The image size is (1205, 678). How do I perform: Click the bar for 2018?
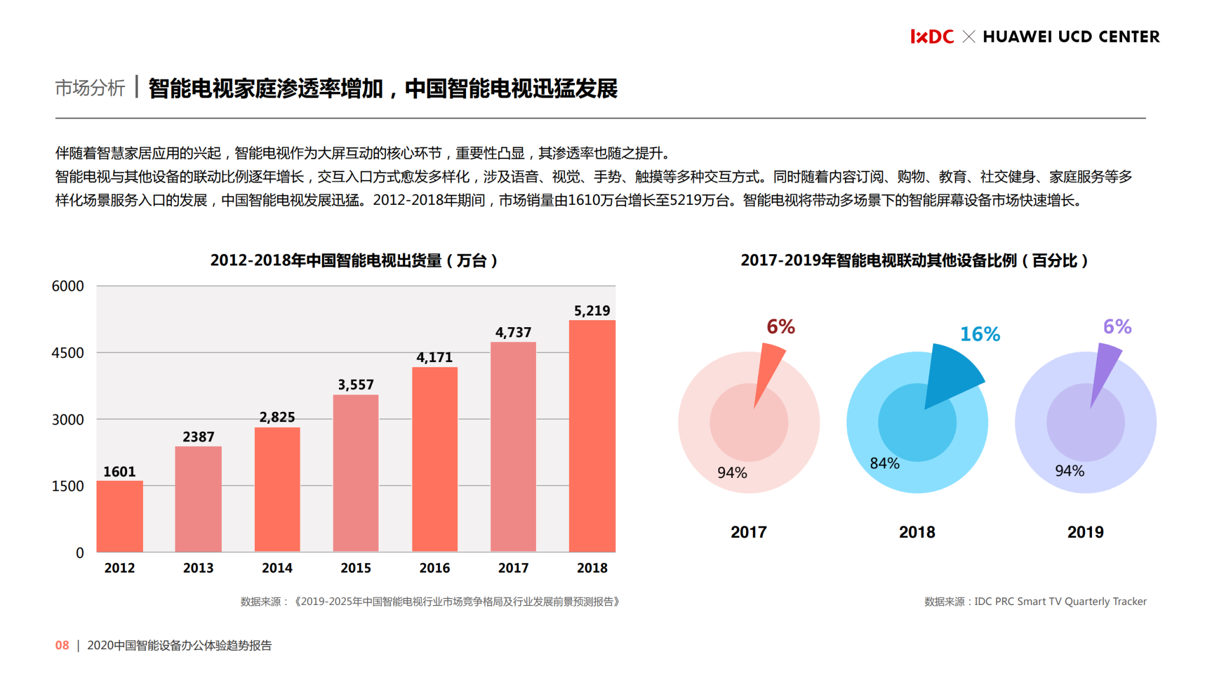pyautogui.click(x=592, y=436)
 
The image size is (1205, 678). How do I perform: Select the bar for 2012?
pyautogui.click(x=119, y=516)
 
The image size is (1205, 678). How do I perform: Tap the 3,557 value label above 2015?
pyautogui.click(x=355, y=385)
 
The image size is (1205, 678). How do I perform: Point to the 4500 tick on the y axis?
pyautogui.click(x=68, y=353)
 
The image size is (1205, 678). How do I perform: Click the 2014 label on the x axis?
pyautogui.click(x=277, y=568)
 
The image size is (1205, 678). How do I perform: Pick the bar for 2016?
pyautogui.click(x=434, y=459)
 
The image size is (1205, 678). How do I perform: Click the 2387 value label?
pyautogui.click(x=198, y=437)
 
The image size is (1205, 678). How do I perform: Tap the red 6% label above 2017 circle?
pyautogui.click(x=780, y=327)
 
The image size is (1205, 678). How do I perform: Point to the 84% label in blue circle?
pyautogui.click(x=884, y=464)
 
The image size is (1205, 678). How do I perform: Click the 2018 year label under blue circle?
pyautogui.click(x=917, y=532)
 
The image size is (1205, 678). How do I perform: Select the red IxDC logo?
pyautogui.click(x=931, y=36)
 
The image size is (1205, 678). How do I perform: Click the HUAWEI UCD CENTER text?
pyautogui.click(x=1071, y=36)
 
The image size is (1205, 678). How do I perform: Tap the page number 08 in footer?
pyautogui.click(x=62, y=645)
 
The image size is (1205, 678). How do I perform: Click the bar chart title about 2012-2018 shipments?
pyautogui.click(x=354, y=260)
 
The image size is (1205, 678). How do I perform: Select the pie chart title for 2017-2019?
pyautogui.click(x=914, y=260)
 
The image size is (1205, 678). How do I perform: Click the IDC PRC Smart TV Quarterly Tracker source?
pyautogui.click(x=1060, y=601)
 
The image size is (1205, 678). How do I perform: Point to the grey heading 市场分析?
pyautogui.click(x=89, y=88)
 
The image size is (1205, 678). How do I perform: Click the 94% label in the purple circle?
pyautogui.click(x=1069, y=471)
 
